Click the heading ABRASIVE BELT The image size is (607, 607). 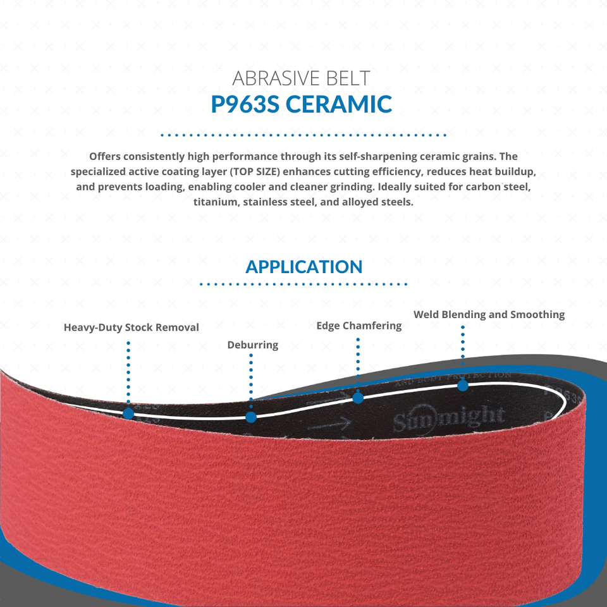[301, 78]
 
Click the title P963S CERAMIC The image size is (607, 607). [302, 104]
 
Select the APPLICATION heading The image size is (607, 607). [303, 266]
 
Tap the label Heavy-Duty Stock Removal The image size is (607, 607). [132, 327]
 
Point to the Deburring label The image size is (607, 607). [252, 345]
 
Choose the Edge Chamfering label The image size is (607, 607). [359, 326]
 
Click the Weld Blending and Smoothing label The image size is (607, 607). [489, 314]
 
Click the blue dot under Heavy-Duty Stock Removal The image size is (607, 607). [128, 414]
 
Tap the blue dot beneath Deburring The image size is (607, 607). [251, 417]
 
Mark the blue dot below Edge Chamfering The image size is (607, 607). [358, 398]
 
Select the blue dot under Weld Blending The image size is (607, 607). [463, 385]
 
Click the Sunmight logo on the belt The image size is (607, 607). [449, 417]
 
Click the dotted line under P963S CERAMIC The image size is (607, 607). [303, 135]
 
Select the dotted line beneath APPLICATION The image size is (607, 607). [303, 285]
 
